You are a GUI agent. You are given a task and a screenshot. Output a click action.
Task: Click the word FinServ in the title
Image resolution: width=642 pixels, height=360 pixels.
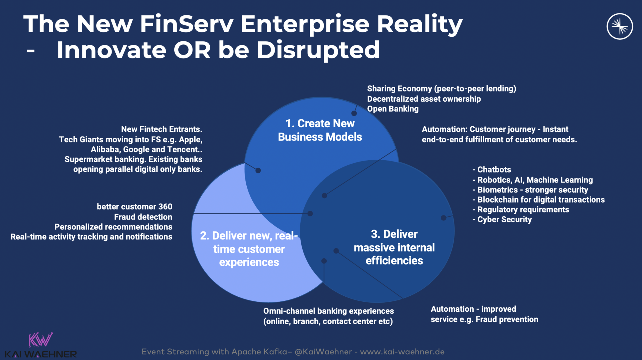pos(187,24)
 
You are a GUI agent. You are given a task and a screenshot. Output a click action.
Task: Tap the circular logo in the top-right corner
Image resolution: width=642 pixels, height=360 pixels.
pos(619,26)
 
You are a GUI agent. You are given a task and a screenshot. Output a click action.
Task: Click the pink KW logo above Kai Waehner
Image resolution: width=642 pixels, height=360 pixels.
pos(40,340)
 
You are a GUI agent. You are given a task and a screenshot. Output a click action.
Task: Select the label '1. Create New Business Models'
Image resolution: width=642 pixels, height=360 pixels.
pos(320,130)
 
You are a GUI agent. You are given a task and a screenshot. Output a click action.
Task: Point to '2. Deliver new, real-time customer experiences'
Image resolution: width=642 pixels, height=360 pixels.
pos(249,249)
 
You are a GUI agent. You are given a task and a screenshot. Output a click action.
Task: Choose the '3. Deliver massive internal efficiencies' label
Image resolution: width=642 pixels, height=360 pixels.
pos(394,247)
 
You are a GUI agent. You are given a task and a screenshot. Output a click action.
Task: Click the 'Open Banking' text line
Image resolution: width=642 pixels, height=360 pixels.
pos(393,109)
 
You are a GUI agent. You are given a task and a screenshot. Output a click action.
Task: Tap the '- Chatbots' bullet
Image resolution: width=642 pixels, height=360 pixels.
pos(492,170)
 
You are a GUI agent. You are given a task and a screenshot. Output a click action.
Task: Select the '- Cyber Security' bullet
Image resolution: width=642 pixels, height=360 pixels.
pos(502,220)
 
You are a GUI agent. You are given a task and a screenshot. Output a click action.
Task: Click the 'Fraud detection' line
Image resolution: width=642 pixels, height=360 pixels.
pos(143,217)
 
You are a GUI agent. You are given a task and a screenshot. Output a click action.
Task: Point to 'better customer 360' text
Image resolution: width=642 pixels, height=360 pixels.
pos(134,207)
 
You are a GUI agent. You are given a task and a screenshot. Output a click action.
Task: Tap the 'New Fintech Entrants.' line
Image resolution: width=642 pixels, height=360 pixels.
pos(162,129)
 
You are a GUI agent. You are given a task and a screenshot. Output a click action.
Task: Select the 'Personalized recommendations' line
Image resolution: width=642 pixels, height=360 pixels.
pos(113,227)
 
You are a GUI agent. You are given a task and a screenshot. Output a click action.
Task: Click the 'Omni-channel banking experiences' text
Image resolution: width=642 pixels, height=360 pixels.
pos(329,311)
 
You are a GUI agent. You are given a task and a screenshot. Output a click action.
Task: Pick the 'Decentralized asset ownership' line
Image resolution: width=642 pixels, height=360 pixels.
pos(424,99)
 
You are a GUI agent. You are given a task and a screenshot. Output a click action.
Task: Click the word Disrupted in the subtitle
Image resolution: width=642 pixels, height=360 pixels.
pos(318,50)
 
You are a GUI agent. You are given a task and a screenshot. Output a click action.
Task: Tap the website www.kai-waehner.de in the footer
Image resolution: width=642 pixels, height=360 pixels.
pos(402,352)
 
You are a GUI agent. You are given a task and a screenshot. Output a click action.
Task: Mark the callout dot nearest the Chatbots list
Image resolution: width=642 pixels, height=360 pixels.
pos(444,218)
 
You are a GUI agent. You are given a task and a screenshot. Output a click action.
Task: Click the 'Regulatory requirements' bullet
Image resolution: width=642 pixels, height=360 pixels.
pos(521,210)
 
